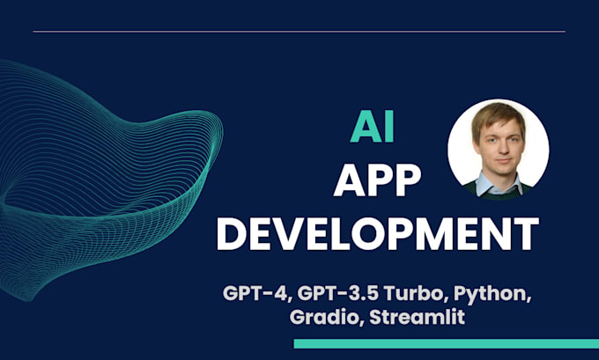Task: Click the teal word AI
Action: click(x=373, y=128)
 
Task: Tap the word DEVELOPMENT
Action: click(x=378, y=235)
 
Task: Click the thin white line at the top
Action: click(x=299, y=32)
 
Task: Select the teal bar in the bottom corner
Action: click(x=446, y=343)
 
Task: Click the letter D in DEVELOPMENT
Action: click(x=232, y=235)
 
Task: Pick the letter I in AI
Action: click(x=388, y=128)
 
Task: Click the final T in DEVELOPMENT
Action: click(x=526, y=235)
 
